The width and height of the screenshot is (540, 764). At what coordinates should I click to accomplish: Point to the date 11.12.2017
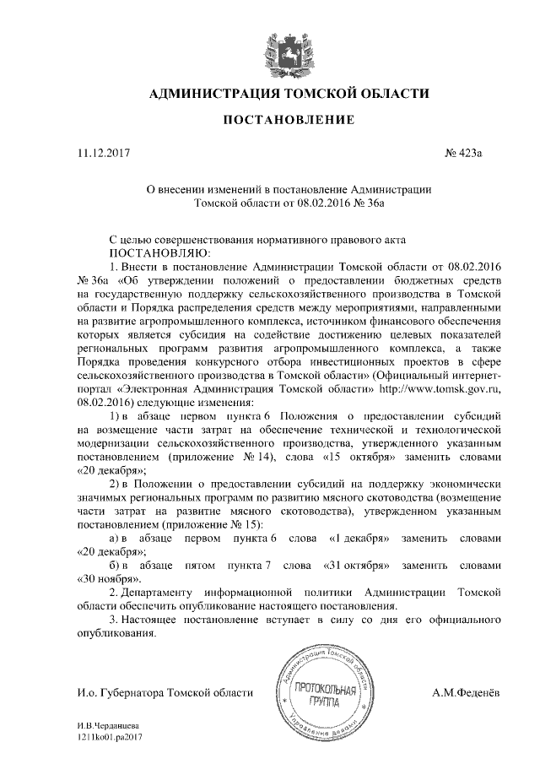(x=104, y=154)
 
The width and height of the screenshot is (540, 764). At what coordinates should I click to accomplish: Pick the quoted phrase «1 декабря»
(x=359, y=538)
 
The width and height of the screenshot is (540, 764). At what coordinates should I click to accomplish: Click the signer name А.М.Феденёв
(x=465, y=693)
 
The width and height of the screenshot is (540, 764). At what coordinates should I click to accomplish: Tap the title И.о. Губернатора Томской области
(x=164, y=693)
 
